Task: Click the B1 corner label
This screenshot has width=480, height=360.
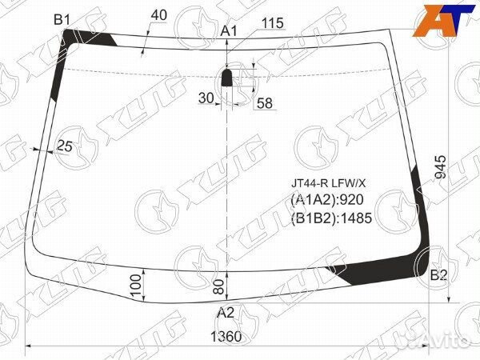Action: [62, 20]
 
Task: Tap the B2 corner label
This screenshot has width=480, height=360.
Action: [438, 275]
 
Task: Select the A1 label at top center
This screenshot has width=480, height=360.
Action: [229, 31]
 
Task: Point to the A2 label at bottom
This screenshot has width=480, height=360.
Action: [226, 313]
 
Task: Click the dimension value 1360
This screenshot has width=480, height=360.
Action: [226, 337]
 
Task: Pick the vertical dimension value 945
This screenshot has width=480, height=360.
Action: [441, 167]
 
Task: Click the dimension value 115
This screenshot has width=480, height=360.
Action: [272, 23]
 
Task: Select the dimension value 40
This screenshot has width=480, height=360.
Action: [159, 15]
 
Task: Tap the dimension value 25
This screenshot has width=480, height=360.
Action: [65, 146]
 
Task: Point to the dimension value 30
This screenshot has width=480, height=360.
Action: [206, 98]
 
